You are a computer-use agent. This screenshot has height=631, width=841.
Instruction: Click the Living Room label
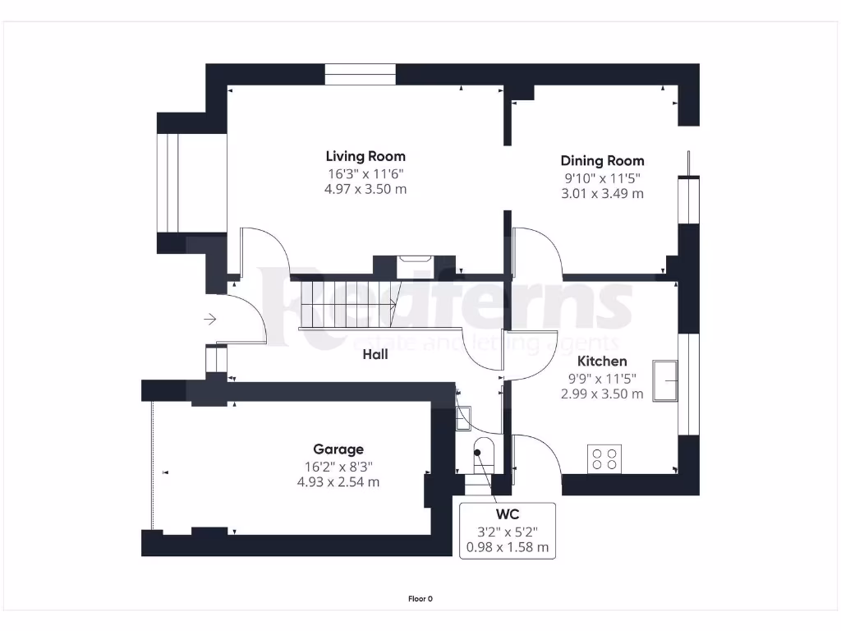click(x=365, y=156)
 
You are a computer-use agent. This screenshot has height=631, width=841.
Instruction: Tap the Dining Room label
click(x=602, y=161)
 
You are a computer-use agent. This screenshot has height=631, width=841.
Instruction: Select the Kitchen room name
click(x=602, y=362)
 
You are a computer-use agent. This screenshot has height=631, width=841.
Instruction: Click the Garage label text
click(x=338, y=449)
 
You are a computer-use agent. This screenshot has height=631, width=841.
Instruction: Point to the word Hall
click(x=375, y=355)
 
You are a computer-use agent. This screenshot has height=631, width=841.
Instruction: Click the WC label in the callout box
click(x=507, y=515)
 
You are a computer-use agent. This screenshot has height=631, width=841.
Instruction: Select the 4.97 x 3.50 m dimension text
click(x=365, y=189)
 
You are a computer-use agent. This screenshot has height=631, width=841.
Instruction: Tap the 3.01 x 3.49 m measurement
click(x=602, y=194)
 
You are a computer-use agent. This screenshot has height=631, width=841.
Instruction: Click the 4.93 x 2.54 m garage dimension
click(x=338, y=482)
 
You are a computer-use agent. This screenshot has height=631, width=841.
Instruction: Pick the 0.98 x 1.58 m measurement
click(x=507, y=547)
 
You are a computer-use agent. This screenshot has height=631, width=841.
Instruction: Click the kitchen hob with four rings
click(x=604, y=458)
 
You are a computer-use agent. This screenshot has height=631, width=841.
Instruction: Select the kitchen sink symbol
click(x=666, y=380)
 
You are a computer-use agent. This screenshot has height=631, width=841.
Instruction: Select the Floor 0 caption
click(x=420, y=599)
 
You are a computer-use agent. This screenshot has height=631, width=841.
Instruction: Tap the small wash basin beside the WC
click(x=462, y=417)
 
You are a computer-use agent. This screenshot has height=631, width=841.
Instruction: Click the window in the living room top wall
click(x=361, y=75)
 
